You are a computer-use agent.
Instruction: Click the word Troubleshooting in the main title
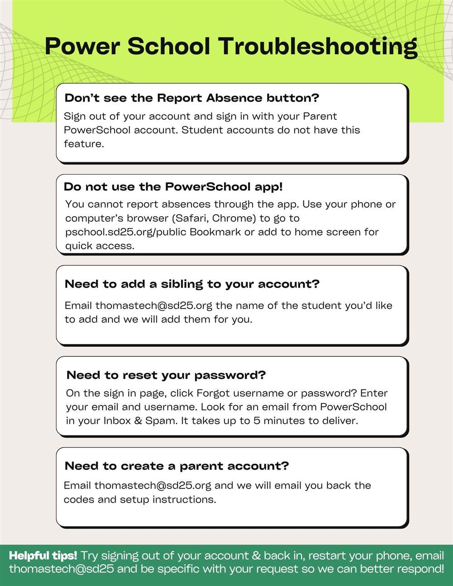(317, 47)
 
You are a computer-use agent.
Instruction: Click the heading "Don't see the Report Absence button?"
(192, 98)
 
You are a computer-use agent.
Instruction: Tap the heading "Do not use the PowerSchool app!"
(173, 187)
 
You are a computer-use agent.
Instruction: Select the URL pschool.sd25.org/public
(126, 232)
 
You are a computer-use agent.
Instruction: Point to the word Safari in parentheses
(191, 218)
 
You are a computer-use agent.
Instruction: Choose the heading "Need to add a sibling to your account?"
(192, 284)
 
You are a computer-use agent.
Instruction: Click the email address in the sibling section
(154, 305)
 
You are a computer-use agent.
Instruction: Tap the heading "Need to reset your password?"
(166, 375)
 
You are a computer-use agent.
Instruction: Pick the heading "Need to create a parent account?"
(177, 466)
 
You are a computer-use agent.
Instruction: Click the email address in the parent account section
(153, 485)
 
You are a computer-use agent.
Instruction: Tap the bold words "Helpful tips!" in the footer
(43, 556)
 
